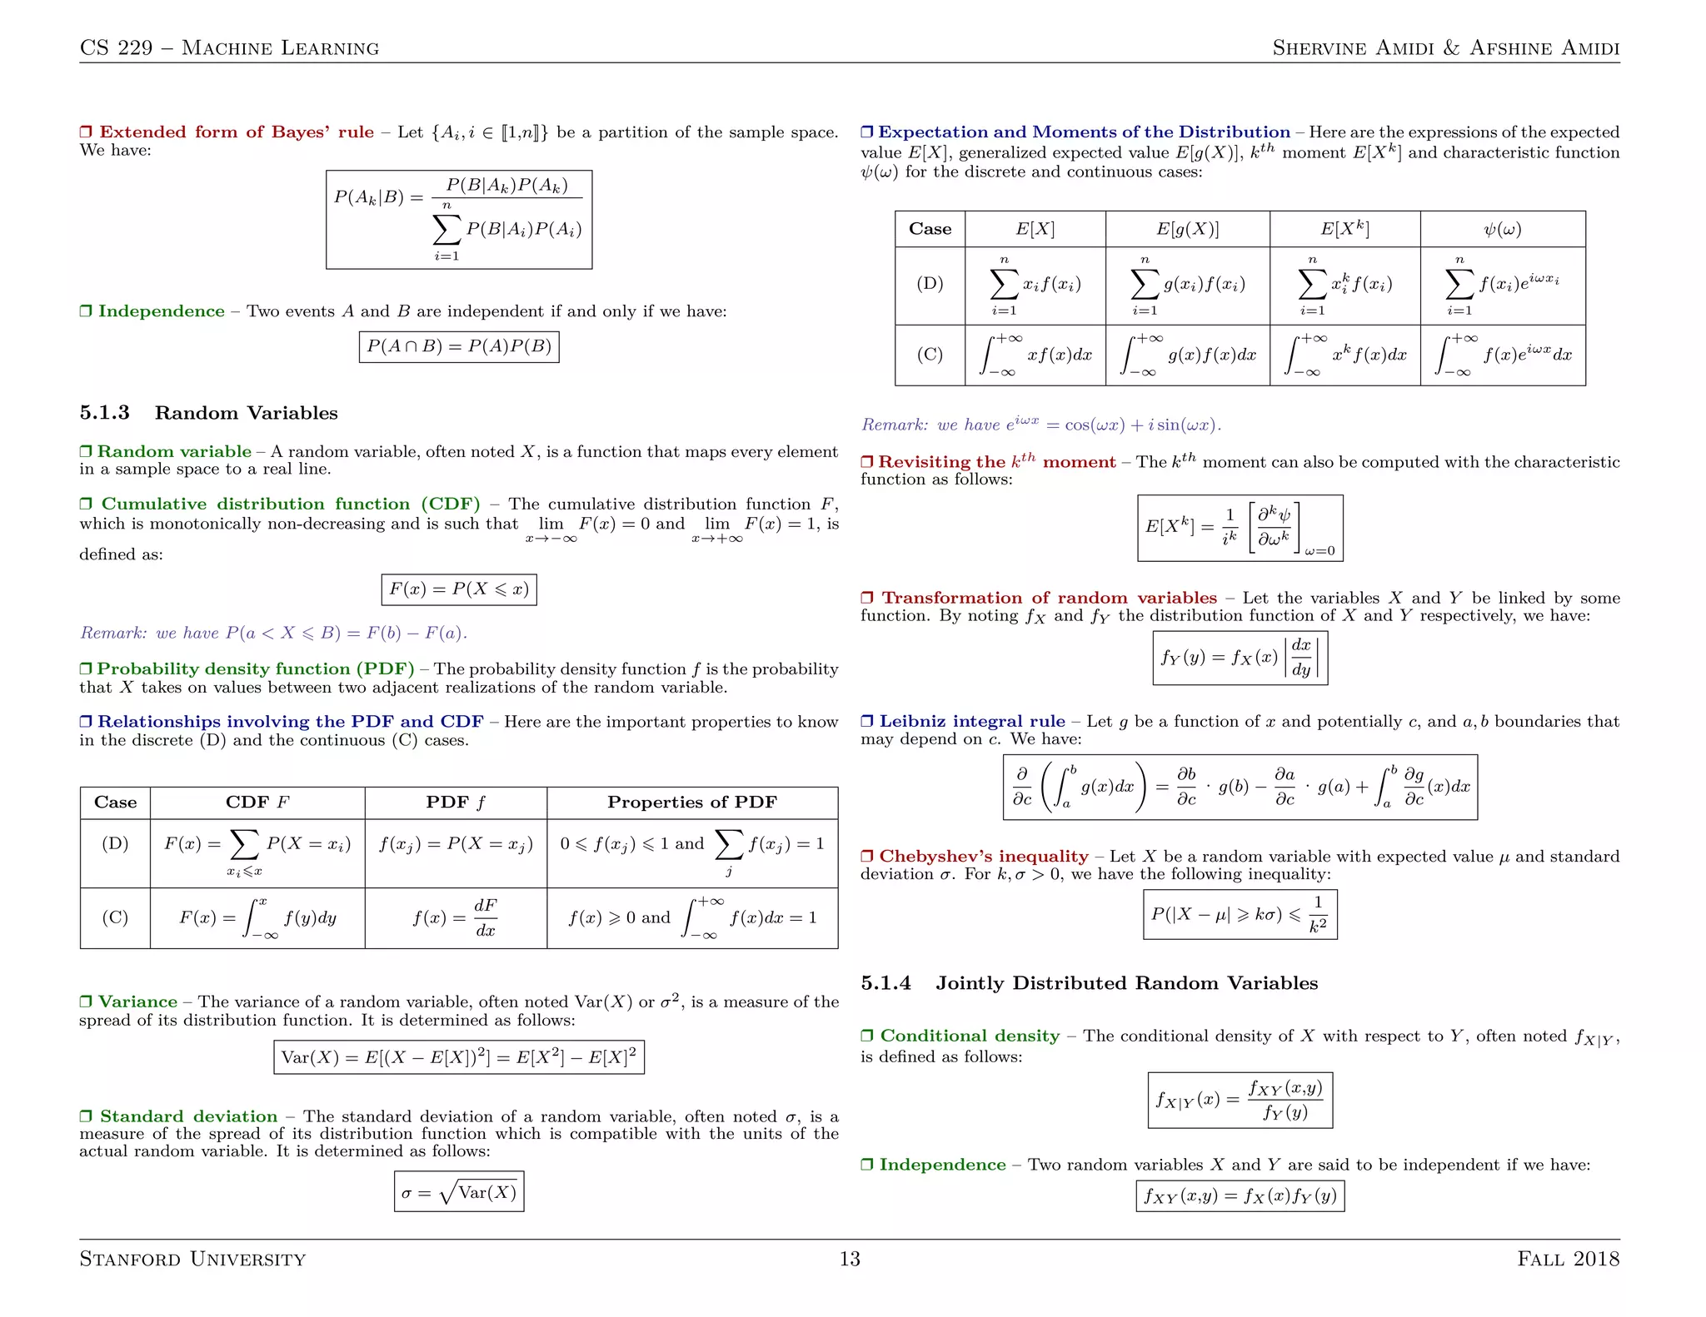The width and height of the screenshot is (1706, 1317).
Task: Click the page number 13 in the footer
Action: (x=849, y=1258)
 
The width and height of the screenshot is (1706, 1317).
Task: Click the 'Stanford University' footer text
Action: (x=192, y=1259)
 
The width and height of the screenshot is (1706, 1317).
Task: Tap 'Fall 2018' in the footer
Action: (x=1568, y=1259)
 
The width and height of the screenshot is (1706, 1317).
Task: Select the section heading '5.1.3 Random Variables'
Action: (x=208, y=413)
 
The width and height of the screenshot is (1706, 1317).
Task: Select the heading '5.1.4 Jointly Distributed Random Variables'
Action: (x=1089, y=983)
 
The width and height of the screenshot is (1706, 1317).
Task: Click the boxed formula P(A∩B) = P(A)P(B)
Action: (x=459, y=346)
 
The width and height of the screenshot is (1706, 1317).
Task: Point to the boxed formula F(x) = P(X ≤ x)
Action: (x=459, y=589)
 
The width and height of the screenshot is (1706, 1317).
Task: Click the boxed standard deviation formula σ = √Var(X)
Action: (x=459, y=1192)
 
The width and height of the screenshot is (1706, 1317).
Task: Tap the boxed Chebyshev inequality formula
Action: (x=1240, y=914)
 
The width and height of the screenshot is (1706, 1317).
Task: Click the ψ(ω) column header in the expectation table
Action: (x=1502, y=229)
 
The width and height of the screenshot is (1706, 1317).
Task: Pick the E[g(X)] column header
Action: (x=1187, y=229)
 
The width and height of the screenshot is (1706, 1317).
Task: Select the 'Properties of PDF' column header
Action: (x=691, y=802)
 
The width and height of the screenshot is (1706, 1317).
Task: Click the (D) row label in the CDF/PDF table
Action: (x=115, y=843)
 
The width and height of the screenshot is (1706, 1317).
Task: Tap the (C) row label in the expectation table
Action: (x=930, y=355)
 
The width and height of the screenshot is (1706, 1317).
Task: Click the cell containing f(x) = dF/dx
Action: (x=455, y=917)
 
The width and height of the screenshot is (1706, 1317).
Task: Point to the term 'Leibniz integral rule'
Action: (x=971, y=721)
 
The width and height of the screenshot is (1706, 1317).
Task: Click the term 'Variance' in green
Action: (x=137, y=1001)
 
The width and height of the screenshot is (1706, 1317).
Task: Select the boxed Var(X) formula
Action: (x=459, y=1057)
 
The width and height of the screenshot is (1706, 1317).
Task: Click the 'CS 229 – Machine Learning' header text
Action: (x=229, y=47)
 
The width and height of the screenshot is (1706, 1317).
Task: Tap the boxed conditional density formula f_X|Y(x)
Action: (x=1240, y=1100)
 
